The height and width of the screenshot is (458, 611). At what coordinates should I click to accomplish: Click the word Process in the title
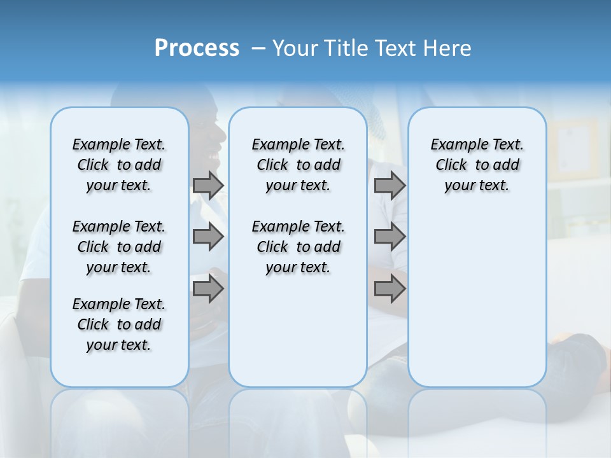[x=197, y=48]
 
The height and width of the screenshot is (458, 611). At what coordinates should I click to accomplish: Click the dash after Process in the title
[x=258, y=49]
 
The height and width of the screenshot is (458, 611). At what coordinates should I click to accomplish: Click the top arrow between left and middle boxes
[x=208, y=185]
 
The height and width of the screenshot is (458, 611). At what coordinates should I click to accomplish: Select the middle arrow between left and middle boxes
[x=208, y=237]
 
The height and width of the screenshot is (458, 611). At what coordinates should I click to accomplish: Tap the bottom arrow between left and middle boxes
[x=208, y=289]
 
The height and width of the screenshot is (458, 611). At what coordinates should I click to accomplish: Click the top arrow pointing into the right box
[x=390, y=185]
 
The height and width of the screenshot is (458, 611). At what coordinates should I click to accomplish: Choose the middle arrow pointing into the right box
[x=390, y=237]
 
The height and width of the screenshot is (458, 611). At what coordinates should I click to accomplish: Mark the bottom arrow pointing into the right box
[x=390, y=289]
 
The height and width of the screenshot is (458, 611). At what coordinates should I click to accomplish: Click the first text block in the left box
[x=119, y=165]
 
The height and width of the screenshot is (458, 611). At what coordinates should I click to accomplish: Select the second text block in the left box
[x=119, y=247]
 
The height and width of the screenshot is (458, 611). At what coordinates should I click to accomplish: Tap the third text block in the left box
[x=119, y=324]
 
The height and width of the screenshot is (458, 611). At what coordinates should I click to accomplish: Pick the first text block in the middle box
[x=298, y=165]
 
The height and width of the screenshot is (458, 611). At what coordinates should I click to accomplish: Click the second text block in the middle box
[x=298, y=247]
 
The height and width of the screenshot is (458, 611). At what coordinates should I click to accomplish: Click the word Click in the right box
[x=451, y=165]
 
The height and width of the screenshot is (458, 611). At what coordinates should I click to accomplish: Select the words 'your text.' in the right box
[x=477, y=185]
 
